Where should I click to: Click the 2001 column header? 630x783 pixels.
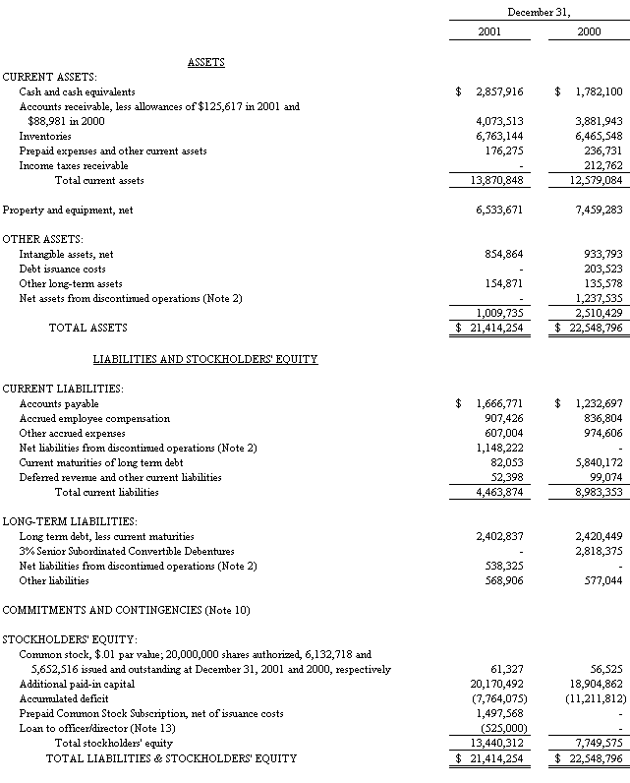coord(489,32)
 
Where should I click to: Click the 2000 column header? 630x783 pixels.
coord(589,32)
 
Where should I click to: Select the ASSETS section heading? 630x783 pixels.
coord(206,62)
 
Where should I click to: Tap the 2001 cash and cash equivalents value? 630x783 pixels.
coord(498,91)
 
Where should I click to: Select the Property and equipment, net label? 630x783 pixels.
coord(68,210)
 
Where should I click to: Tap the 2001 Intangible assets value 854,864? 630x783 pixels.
coord(502,254)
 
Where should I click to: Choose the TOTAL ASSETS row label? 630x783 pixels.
coord(87,328)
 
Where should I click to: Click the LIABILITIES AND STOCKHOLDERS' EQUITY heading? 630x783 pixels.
coord(204,359)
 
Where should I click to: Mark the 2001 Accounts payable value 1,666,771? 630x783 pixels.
coord(498,403)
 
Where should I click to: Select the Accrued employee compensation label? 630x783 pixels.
coord(94,418)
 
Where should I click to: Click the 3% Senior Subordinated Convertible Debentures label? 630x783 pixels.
coord(127,551)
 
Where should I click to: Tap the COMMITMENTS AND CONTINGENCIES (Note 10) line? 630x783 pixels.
coord(126,610)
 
